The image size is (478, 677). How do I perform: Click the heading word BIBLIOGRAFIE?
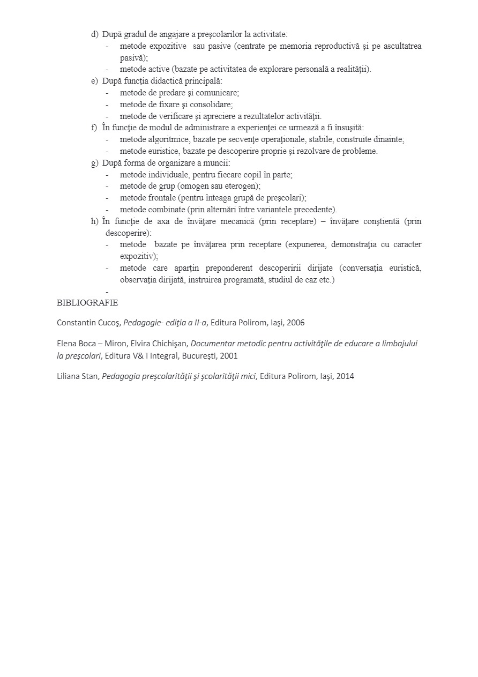[87, 303]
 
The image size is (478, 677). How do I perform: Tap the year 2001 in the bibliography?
[228, 355]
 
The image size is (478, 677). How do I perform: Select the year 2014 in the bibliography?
[345, 376]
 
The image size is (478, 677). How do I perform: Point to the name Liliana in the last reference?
[70, 376]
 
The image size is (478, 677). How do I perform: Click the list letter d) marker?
[94, 34]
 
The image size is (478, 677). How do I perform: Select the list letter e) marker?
[94, 81]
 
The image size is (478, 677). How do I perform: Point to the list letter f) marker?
[94, 128]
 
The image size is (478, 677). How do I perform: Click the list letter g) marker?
[94, 163]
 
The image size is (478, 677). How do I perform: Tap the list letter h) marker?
[94, 221]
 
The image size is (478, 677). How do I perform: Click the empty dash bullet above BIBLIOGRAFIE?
[107, 292]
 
